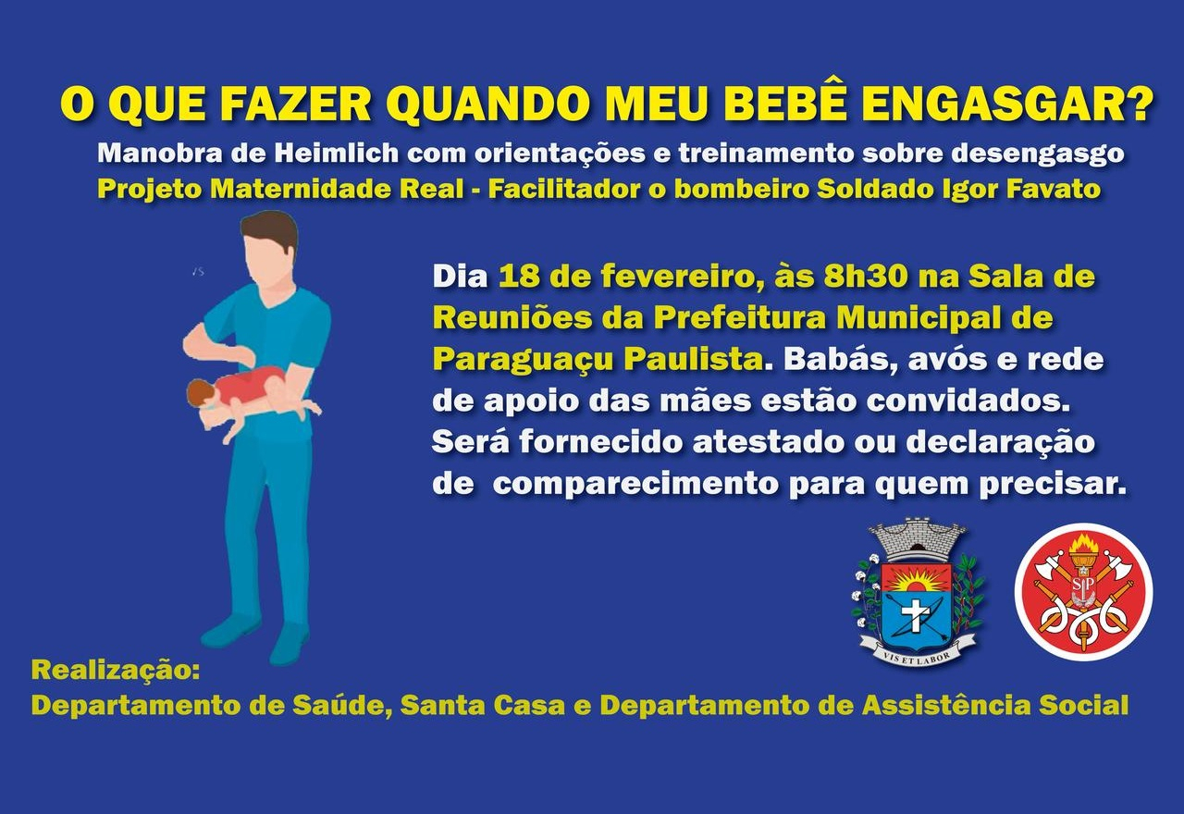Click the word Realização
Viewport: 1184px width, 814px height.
[116, 669]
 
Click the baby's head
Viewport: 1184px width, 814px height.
[199, 392]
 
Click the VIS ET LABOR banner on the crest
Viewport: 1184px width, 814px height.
[917, 647]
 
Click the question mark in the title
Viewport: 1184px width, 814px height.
[1140, 104]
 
